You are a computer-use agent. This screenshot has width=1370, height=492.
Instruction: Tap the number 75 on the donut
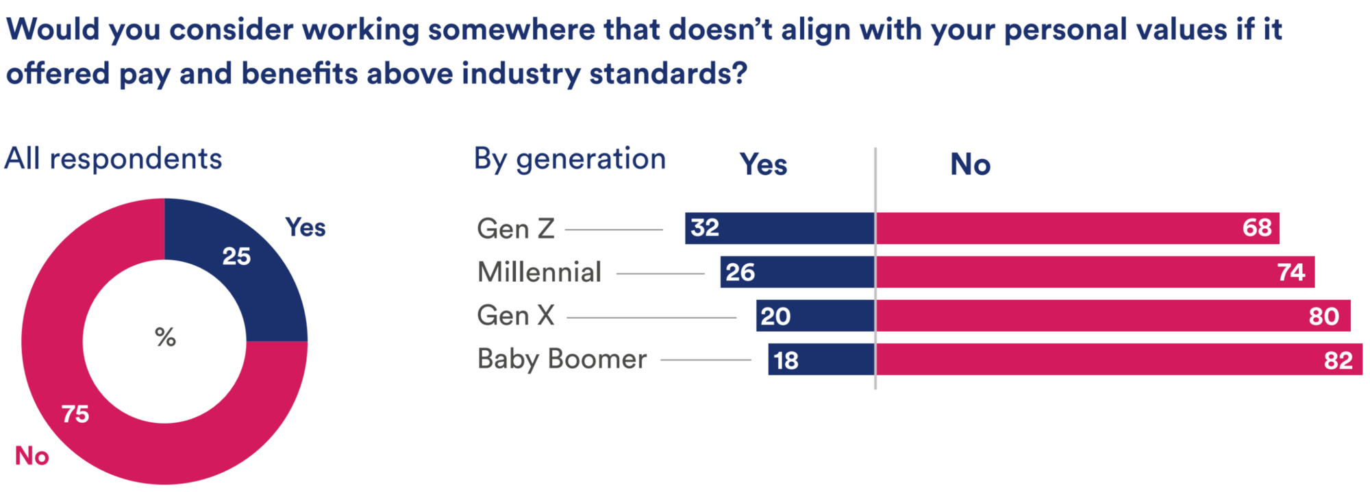click(75, 414)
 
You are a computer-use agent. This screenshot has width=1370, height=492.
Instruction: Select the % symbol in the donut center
click(165, 337)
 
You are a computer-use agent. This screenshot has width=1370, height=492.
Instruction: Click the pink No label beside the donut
click(32, 456)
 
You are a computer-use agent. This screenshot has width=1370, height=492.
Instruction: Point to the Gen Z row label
click(516, 229)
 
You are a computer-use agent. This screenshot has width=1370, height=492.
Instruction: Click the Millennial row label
click(540, 272)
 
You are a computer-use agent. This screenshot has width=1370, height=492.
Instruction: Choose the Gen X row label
click(516, 316)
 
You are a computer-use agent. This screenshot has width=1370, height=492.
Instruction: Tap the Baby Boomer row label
click(562, 359)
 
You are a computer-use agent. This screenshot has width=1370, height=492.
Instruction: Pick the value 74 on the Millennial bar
click(1291, 272)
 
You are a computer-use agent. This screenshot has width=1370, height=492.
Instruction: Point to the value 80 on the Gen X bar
click(1323, 316)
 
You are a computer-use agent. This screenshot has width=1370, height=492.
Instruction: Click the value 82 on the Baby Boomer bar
click(1338, 360)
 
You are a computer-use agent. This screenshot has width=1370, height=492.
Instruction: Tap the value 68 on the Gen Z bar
click(1257, 227)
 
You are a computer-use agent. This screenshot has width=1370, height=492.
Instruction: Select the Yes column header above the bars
click(763, 164)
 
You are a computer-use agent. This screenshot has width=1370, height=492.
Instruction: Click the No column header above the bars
click(970, 164)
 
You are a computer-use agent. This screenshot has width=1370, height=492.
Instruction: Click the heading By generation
click(569, 159)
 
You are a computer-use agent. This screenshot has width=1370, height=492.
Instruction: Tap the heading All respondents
click(113, 159)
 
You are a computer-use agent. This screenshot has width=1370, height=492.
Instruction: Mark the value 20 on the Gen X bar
click(775, 316)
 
